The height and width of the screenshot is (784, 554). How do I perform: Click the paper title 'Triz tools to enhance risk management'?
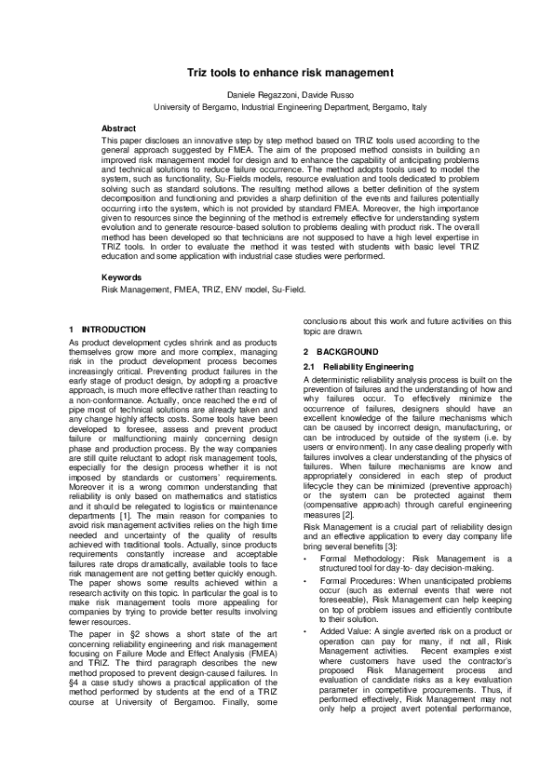point(277,72)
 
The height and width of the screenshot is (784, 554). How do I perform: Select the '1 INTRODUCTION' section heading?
point(108,330)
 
